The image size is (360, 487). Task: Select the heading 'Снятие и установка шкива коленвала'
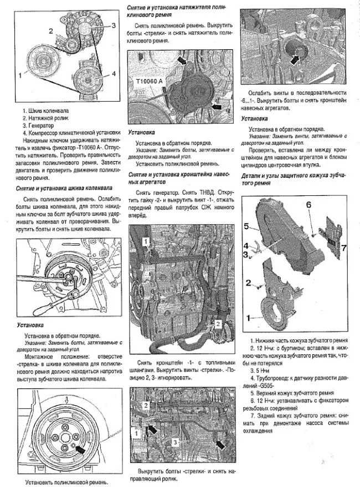click(64, 188)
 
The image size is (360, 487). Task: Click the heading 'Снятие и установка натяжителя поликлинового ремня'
click(177, 10)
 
